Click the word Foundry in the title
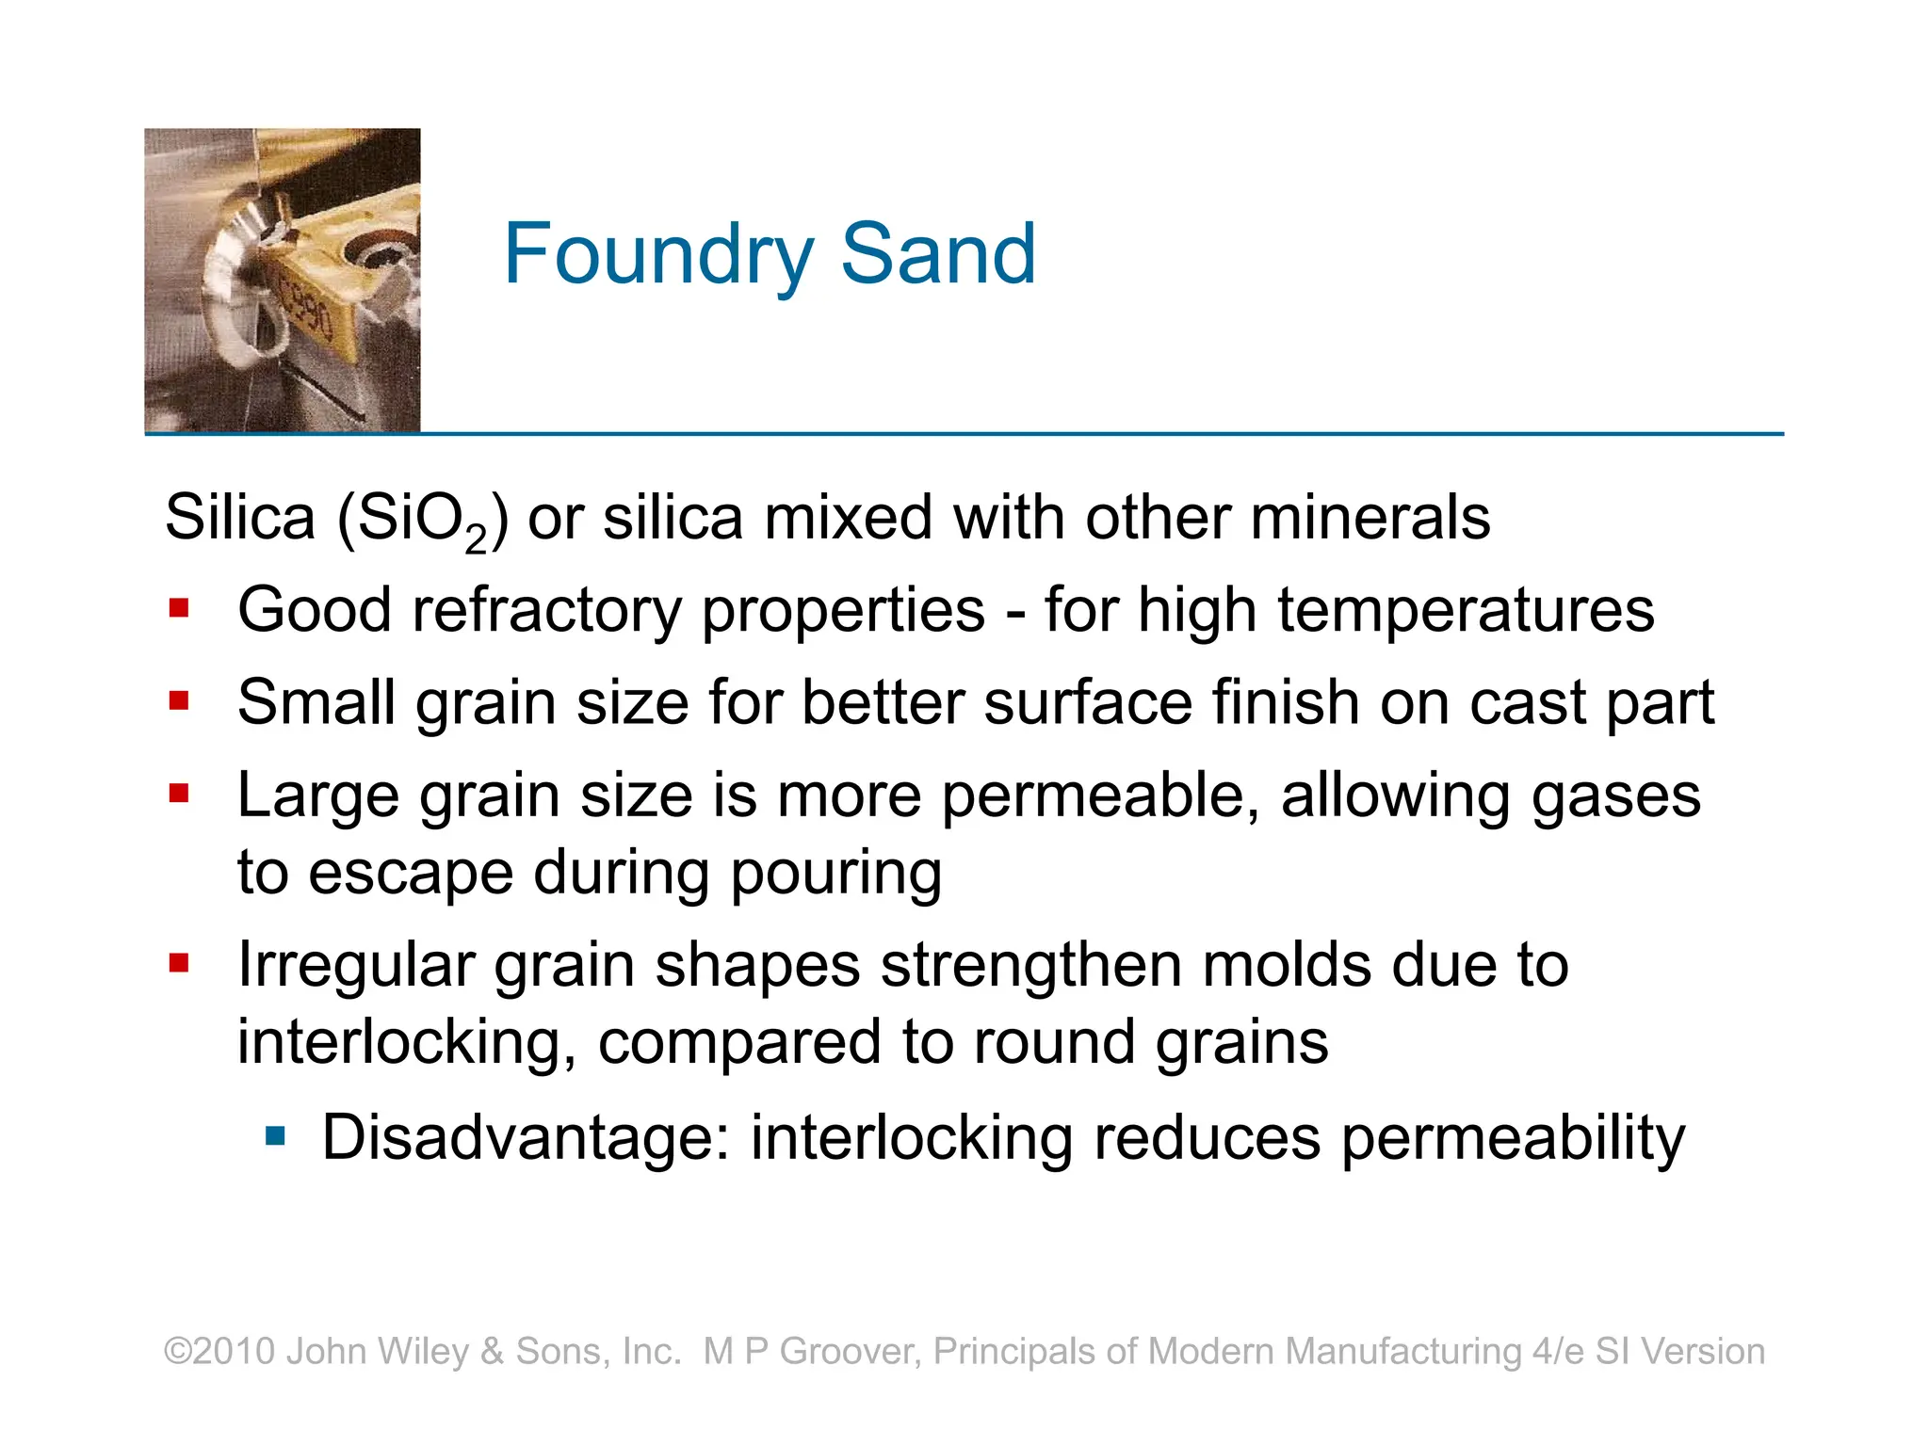coord(658,254)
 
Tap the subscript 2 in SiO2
coord(476,540)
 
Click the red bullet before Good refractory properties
coord(179,609)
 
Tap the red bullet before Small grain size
coord(179,701)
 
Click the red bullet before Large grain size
coord(179,794)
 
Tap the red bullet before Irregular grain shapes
coord(179,963)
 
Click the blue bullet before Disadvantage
coord(275,1136)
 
